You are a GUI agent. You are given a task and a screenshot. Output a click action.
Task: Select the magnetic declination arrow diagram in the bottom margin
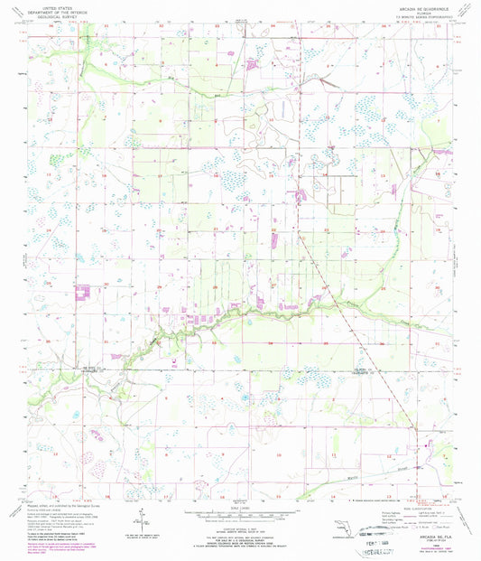(x=143, y=519)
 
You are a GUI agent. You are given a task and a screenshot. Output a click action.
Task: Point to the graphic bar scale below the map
(x=238, y=511)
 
